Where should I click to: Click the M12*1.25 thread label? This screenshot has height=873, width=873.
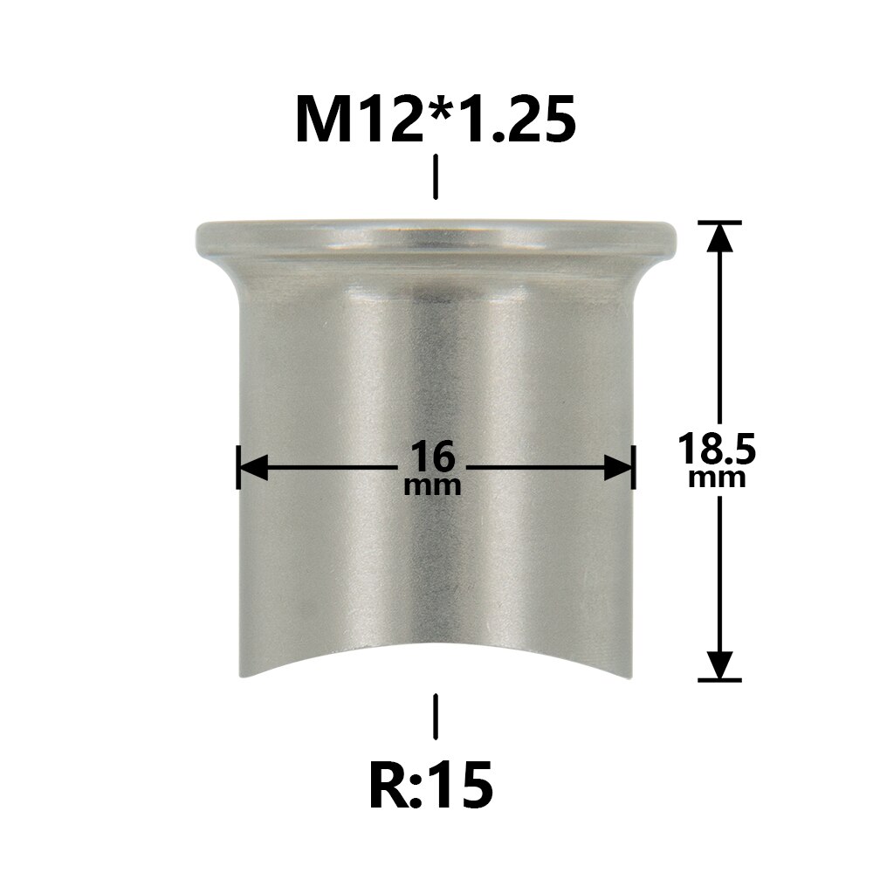click(436, 120)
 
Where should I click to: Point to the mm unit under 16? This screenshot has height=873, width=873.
click(433, 485)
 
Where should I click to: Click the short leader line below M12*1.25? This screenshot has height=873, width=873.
click(436, 177)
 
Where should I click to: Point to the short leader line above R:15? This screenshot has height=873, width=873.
click(436, 718)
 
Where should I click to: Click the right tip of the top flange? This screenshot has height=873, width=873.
click(677, 236)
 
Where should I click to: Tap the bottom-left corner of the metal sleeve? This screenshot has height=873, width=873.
click(239, 677)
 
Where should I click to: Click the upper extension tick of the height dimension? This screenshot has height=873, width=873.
click(718, 223)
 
